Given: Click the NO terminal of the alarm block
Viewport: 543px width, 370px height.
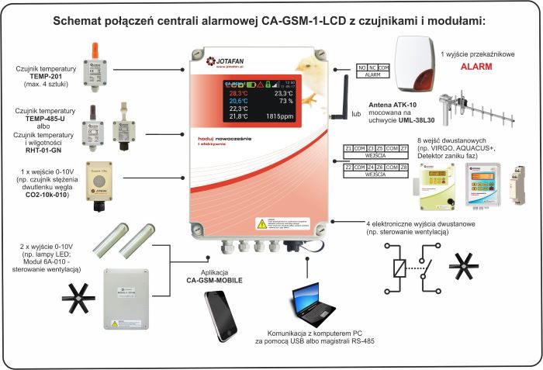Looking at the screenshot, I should click(362, 69).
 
